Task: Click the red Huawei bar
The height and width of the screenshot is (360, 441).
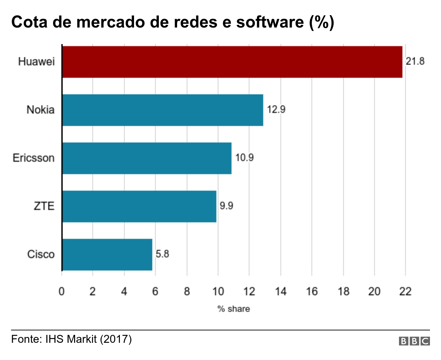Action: click(x=232, y=62)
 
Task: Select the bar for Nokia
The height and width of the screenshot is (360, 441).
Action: click(x=163, y=110)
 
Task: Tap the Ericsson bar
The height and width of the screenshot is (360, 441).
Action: click(x=147, y=158)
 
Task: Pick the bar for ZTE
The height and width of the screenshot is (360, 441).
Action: click(x=139, y=206)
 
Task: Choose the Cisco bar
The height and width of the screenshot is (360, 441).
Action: click(x=107, y=254)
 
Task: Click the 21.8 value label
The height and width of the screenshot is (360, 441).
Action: click(x=415, y=61)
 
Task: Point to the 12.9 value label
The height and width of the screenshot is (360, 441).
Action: click(x=276, y=109)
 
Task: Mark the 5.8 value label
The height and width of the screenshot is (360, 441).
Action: click(x=162, y=254)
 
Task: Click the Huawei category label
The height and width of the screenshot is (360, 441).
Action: click(x=37, y=62)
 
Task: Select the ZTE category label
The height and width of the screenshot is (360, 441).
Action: click(x=44, y=206)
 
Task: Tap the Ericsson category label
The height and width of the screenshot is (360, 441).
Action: click(x=34, y=158)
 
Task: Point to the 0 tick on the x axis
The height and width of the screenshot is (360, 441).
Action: click(x=62, y=292)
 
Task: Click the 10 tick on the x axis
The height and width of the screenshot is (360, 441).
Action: click(x=218, y=292)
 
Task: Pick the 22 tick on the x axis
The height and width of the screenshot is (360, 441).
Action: click(x=406, y=292)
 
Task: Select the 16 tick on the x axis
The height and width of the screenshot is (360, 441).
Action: click(x=312, y=292)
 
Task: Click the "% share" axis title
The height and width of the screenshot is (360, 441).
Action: click(x=234, y=309)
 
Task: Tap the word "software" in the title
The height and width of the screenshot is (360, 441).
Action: click(x=270, y=22)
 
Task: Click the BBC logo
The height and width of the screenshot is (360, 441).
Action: click(x=414, y=341)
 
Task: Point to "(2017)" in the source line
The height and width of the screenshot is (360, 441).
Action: click(x=116, y=339)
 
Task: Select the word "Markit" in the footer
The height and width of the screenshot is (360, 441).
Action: click(x=82, y=339)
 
